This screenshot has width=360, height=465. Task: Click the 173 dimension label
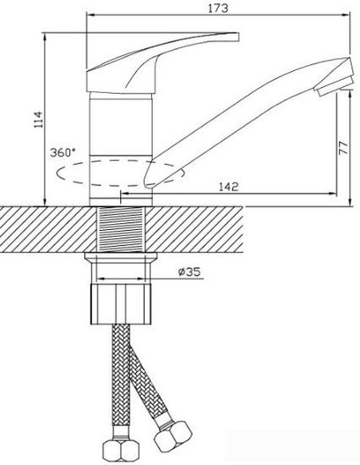point(218,8)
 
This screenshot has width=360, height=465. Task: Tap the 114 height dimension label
point(39,119)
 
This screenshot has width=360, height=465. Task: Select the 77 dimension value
point(343,147)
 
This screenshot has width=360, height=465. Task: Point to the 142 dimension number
point(228,187)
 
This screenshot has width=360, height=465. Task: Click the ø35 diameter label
point(189,271)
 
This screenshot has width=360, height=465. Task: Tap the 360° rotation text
point(63,152)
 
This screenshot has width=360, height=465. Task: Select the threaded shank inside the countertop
point(121,229)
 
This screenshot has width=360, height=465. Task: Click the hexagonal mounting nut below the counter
point(121,304)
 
